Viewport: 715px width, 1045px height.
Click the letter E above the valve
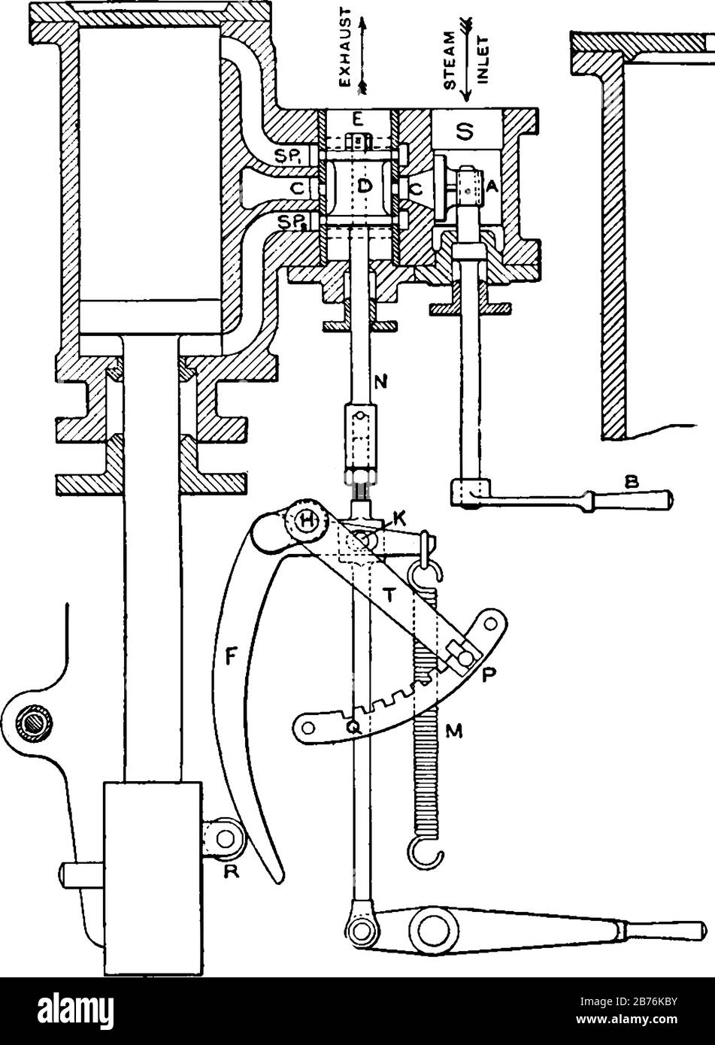pyautogui.click(x=357, y=118)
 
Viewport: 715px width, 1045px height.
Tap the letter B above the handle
pyautogui.click(x=631, y=486)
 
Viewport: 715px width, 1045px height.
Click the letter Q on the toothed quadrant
pyautogui.click(x=352, y=727)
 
